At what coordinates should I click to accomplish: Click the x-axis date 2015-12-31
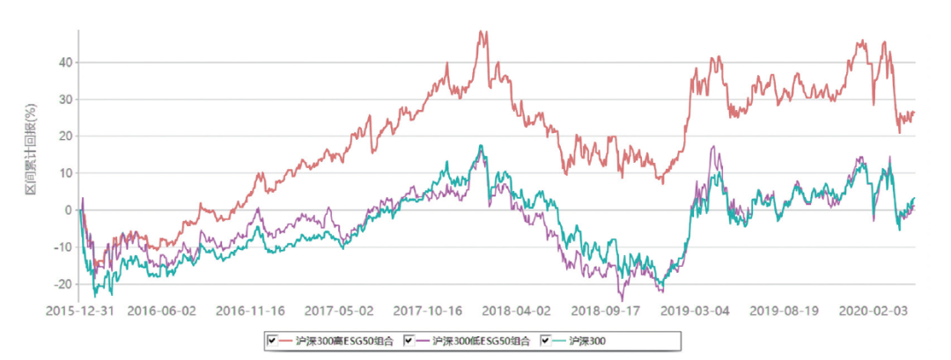(x=79, y=310)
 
